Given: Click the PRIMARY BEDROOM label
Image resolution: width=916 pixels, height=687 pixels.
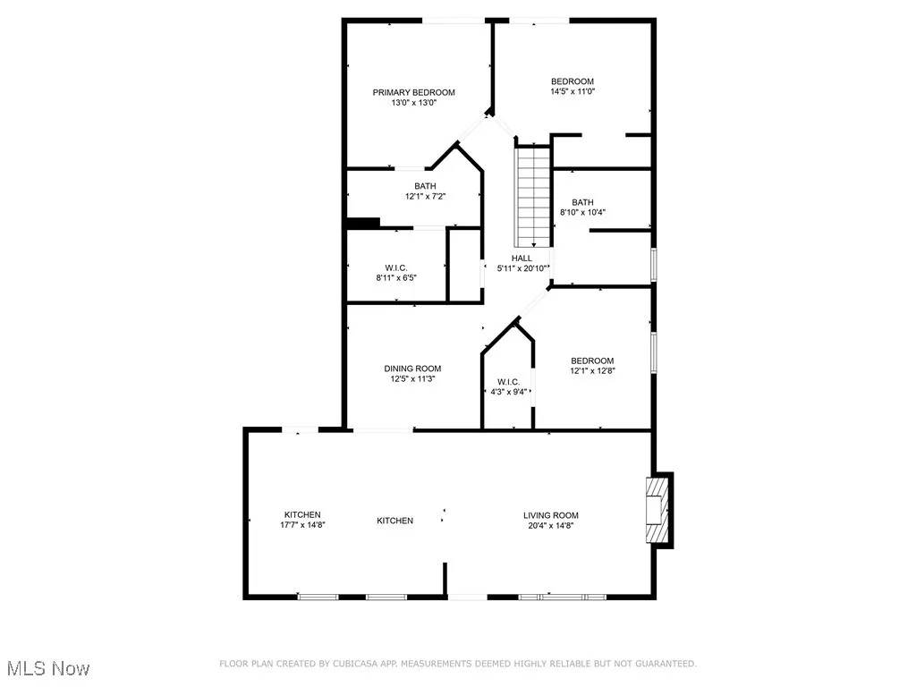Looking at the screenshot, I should click(x=413, y=92).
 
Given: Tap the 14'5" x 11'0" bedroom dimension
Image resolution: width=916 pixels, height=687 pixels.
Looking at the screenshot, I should click(x=572, y=91).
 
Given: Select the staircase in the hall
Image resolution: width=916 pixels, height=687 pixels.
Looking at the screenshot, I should click(x=531, y=197).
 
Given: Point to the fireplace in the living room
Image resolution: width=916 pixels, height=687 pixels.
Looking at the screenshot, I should click(x=658, y=511).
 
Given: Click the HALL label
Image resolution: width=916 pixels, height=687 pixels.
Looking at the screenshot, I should click(x=522, y=259).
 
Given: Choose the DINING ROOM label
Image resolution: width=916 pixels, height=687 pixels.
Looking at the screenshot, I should click(x=412, y=369).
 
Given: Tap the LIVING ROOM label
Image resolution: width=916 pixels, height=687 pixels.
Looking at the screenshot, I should click(x=551, y=515).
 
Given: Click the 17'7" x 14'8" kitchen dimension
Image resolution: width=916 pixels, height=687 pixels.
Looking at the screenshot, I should click(x=302, y=525).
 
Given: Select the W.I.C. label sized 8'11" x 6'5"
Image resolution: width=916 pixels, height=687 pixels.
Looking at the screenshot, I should click(x=396, y=267).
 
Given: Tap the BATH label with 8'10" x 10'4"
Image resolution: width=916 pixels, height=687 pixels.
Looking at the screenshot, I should click(x=582, y=202).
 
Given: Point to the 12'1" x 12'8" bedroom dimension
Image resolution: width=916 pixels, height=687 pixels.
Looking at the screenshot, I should click(x=592, y=370).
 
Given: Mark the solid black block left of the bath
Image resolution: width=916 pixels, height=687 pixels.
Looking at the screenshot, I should click(x=362, y=223).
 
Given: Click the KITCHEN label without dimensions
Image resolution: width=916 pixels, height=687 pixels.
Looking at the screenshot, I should click(x=394, y=521).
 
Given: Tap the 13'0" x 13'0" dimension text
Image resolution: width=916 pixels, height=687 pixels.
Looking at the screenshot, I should click(x=413, y=103).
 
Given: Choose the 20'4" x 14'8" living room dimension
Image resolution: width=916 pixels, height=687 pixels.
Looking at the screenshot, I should click(x=551, y=526).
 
